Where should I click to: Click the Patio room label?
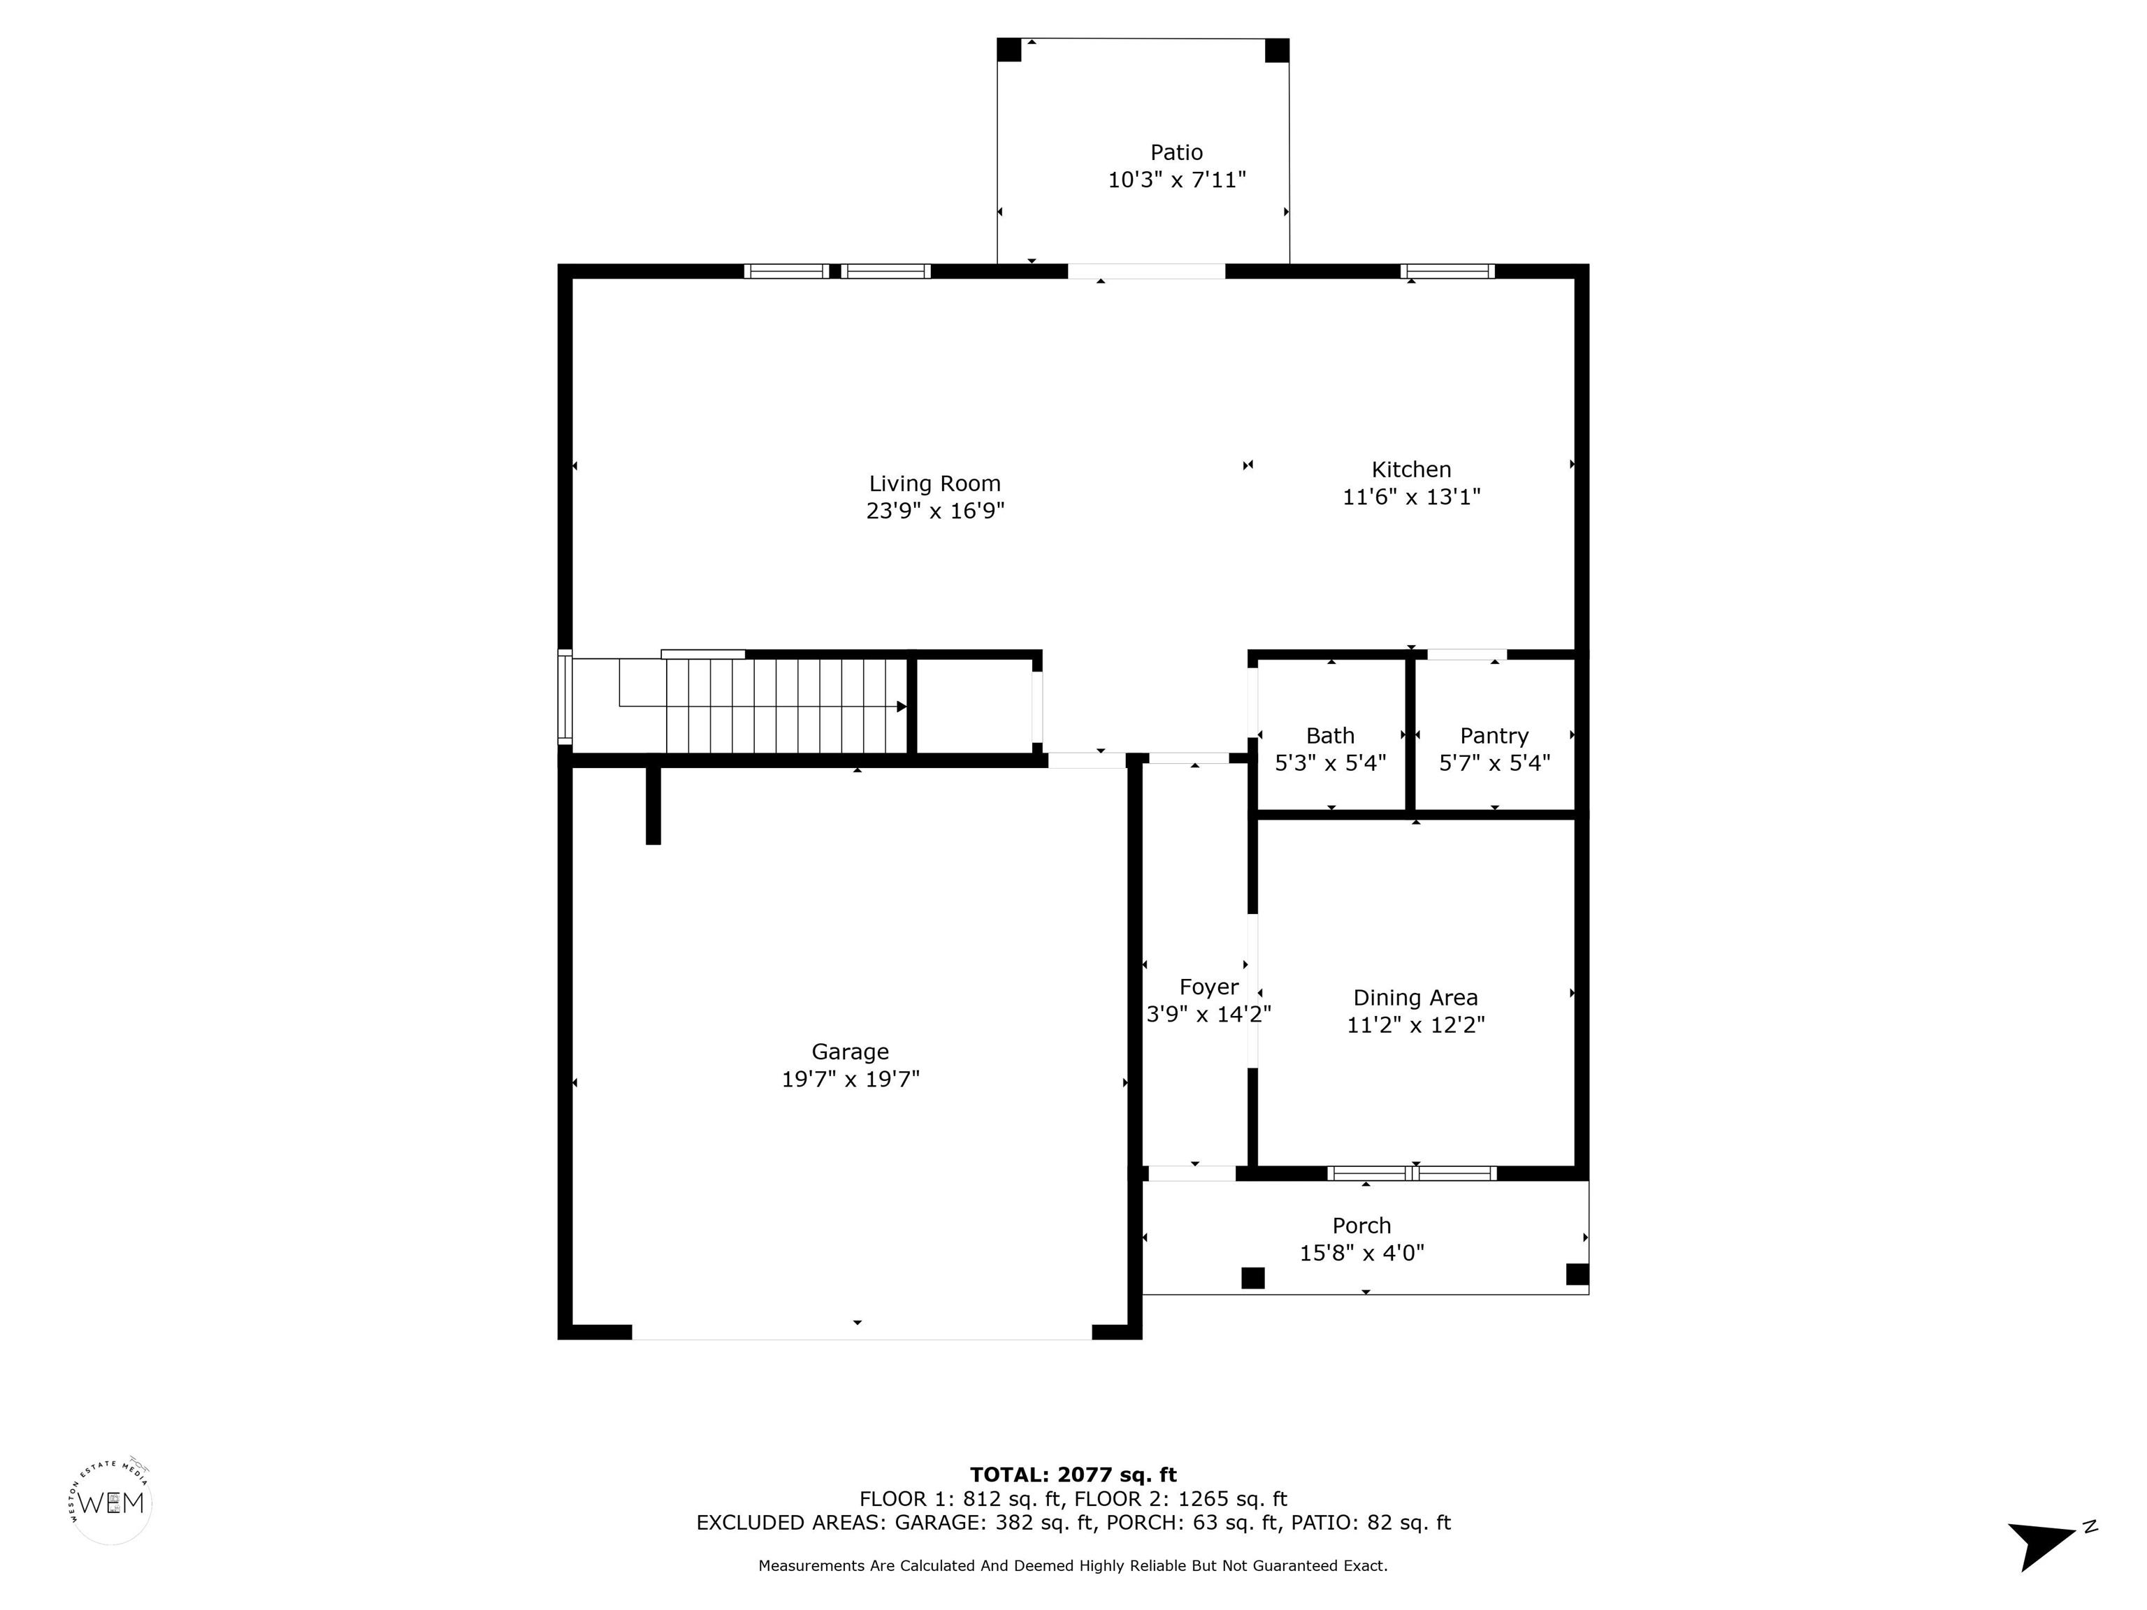point(1176,152)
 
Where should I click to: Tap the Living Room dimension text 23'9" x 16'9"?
point(934,511)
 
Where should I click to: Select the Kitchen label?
point(1411,470)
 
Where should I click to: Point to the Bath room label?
point(1330,736)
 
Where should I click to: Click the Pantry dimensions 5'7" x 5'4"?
point(1494,763)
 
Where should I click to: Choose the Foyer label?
point(1208,987)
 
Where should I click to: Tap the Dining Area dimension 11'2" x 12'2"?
point(1415,1025)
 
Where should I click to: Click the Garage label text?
point(851,1052)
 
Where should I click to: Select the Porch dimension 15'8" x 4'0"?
point(1361,1253)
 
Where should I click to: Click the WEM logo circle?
point(112,1502)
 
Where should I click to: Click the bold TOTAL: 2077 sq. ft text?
point(1073,1475)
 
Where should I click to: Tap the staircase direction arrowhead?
point(902,706)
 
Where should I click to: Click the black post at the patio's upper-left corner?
point(1009,50)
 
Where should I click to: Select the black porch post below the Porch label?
point(1253,1278)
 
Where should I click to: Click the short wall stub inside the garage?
point(653,806)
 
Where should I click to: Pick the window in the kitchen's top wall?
point(1447,270)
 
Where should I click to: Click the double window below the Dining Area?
point(1412,1173)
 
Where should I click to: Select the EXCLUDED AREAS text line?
point(1073,1523)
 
